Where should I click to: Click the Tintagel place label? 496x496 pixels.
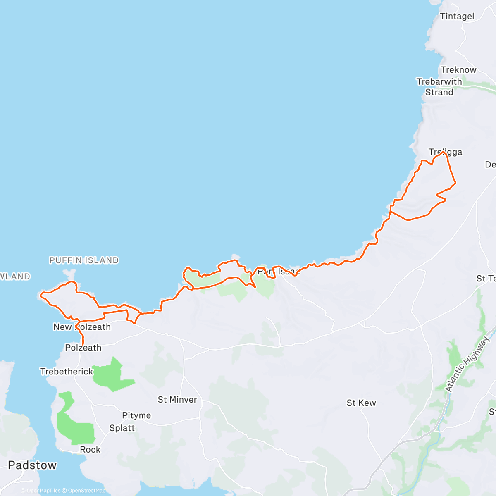457,17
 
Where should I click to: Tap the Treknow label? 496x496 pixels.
458,70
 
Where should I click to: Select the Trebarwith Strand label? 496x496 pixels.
439,87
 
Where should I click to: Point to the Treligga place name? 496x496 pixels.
445,152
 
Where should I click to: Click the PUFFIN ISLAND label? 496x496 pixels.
84,260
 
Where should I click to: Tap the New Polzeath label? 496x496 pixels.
82,327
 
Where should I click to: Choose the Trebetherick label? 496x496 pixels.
67,372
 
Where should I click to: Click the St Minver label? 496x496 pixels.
177,400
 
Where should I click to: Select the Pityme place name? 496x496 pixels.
136,415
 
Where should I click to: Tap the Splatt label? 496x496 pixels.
122,428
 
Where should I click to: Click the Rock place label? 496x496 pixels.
90,450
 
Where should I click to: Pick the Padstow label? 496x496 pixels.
32,465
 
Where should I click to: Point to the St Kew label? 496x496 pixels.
361,403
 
